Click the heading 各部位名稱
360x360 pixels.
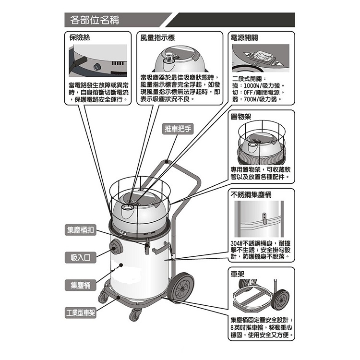click(x=95, y=21)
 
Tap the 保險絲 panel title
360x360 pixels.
click(x=80, y=37)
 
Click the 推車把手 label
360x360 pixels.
click(x=178, y=129)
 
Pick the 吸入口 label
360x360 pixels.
click(x=80, y=258)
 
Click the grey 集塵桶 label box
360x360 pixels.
click(x=80, y=286)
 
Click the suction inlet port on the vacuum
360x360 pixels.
click(x=115, y=248)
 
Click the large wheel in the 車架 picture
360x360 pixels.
click(x=280, y=300)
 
